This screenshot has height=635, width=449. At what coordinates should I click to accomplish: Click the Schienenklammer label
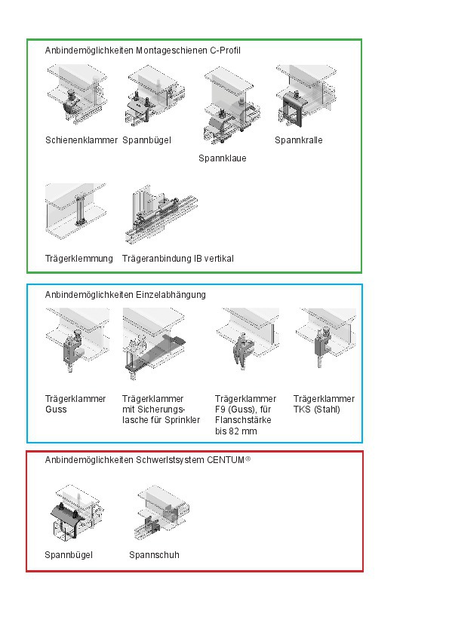pos(81,140)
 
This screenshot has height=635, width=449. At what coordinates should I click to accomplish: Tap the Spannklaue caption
pos(222,158)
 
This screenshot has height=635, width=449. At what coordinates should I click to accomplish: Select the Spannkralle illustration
pos(306,96)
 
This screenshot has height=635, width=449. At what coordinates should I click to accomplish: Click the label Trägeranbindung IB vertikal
pos(178,259)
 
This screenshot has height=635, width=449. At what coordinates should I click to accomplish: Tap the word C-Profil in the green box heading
pos(225,51)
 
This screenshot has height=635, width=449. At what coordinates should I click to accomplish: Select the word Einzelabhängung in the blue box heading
pos(171,295)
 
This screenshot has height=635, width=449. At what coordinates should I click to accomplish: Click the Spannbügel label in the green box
pos(146,140)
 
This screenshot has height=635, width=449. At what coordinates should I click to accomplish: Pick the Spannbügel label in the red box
pos(69,555)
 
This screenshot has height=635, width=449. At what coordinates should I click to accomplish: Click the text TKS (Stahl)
pos(316,410)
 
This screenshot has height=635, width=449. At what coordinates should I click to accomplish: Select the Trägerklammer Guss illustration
pos(77,339)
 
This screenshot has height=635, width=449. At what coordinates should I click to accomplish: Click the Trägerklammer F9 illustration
pos(248,339)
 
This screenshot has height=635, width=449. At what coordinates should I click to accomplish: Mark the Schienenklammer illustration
pos(77,94)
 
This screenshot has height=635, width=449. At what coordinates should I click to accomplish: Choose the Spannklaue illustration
pos(230,106)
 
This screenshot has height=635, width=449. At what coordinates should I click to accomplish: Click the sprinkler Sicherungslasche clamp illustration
pos(154,343)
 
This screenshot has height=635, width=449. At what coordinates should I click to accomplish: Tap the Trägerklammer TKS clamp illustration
pos(325,338)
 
